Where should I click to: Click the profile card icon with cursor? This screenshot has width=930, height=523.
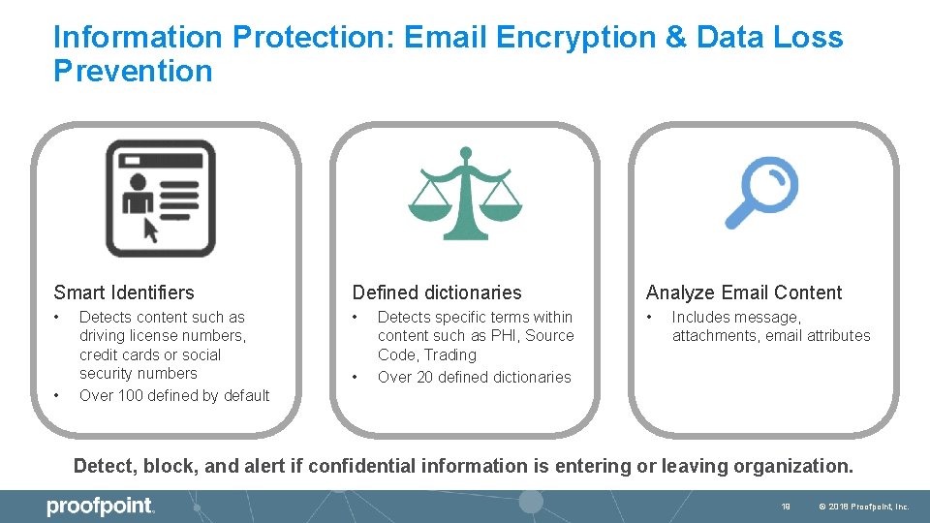click(x=160, y=198)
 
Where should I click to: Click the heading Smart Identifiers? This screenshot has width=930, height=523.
click(x=124, y=292)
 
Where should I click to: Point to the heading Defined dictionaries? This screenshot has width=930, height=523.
click(x=437, y=292)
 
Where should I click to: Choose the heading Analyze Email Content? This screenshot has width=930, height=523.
click(x=744, y=292)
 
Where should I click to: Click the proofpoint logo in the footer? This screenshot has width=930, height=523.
click(x=101, y=507)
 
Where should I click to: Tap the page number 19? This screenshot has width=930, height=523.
click(x=786, y=507)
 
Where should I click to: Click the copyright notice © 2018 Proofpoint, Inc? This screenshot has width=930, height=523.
click(x=864, y=507)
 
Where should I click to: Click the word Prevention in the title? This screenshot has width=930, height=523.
click(x=133, y=72)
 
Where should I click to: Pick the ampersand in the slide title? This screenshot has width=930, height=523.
click(x=676, y=38)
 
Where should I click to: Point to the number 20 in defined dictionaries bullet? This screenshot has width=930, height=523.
click(x=424, y=377)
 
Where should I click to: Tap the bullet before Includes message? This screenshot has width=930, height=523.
click(x=651, y=318)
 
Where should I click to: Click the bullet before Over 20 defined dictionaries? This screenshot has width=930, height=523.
click(x=356, y=377)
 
